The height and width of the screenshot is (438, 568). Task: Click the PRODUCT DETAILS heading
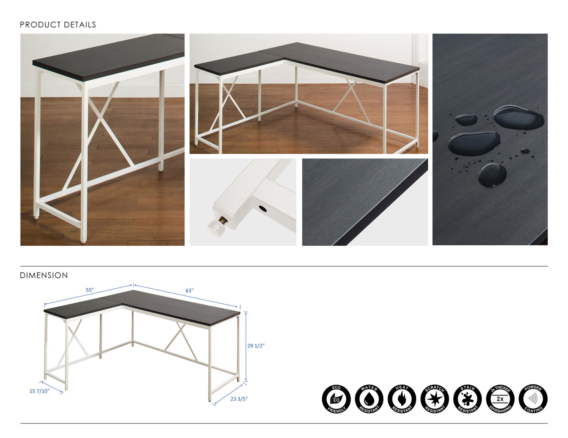[58, 25]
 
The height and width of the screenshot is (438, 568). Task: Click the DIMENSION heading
[44, 275]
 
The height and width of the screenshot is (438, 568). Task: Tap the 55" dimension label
[90, 290]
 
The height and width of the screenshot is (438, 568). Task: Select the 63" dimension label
[189, 291]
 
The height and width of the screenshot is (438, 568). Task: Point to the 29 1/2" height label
[256, 346]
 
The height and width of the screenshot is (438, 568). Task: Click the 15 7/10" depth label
[39, 391]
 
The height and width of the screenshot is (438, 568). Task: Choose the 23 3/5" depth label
[239, 399]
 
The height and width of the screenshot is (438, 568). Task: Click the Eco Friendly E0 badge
[336, 399]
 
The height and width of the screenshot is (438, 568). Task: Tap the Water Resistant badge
[369, 399]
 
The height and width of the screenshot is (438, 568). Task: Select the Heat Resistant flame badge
[402, 399]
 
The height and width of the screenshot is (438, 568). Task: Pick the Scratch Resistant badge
[435, 399]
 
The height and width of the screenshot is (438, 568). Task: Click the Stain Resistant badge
[467, 399]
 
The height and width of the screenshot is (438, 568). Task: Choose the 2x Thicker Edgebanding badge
[500, 399]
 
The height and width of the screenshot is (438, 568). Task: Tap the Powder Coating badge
[533, 399]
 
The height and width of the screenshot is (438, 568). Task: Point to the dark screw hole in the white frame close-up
[263, 209]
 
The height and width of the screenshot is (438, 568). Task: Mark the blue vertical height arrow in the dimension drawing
[246, 346]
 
